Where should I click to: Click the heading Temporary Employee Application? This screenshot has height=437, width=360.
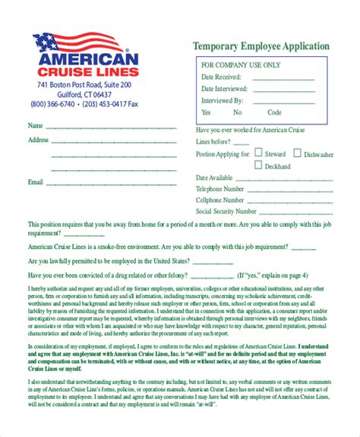click(261, 46)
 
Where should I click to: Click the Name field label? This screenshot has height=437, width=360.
click(35, 125)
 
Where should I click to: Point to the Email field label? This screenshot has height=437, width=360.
click(35, 182)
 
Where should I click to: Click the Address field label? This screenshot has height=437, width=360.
click(38, 140)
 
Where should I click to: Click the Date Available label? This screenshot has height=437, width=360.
click(213, 177)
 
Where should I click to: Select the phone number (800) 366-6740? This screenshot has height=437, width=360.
click(53, 104)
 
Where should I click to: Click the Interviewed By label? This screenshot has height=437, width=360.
click(222, 100)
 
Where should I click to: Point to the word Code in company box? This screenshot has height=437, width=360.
click(274, 112)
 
